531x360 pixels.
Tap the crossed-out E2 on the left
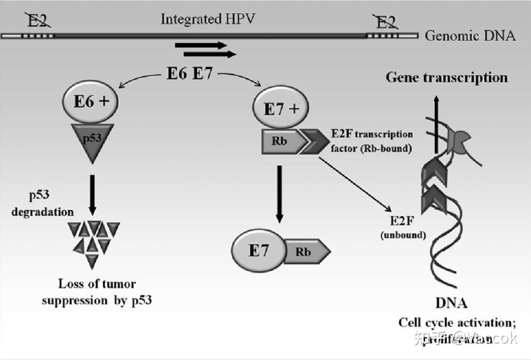tap(38, 21)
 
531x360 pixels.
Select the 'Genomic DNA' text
tap(470, 35)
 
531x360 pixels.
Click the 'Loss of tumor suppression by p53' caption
tap(97, 292)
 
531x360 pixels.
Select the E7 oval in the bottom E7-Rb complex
tap(259, 251)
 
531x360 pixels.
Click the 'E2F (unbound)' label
tap(403, 228)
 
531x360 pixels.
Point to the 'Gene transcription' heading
tap(446, 77)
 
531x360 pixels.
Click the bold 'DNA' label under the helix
tap(451, 303)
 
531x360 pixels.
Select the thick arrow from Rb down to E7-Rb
tap(279, 194)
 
